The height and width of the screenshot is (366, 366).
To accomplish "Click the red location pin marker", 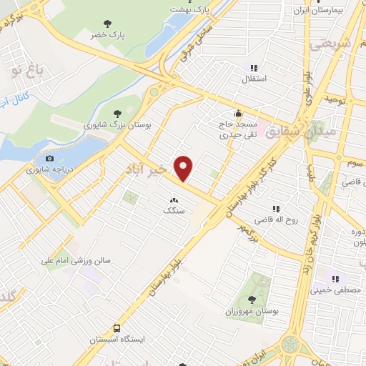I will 184,169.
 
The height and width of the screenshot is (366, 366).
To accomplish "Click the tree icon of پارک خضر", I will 107,24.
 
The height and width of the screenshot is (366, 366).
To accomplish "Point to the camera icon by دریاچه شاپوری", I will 49,159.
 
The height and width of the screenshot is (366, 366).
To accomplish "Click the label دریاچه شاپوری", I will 48,170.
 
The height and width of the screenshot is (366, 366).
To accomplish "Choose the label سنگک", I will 173,211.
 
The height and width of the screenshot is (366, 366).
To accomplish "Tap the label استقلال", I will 254,79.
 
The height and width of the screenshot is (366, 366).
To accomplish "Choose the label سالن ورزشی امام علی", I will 79,262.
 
